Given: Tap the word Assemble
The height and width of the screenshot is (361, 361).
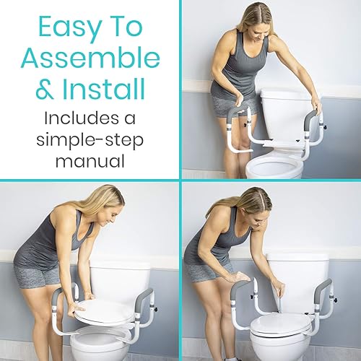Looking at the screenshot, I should tap(90, 60).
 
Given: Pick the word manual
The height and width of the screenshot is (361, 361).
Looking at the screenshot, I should tap(90, 157).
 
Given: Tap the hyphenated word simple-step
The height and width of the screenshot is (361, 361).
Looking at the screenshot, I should tap(90, 137).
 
